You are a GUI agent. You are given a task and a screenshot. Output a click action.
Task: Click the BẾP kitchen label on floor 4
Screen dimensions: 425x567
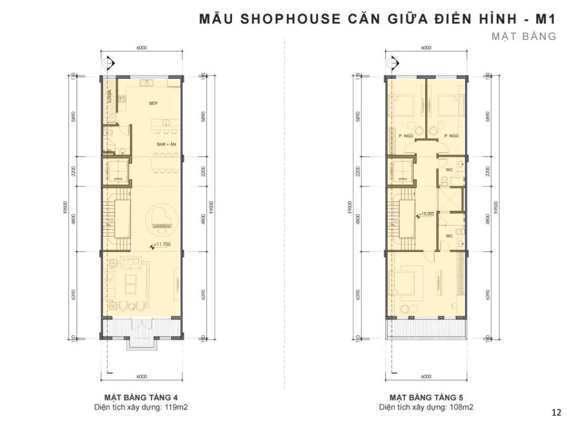point(153,103)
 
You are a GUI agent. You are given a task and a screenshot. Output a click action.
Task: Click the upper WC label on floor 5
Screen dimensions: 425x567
point(449,169)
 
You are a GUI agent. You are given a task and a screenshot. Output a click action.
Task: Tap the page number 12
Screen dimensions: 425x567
point(556,412)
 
